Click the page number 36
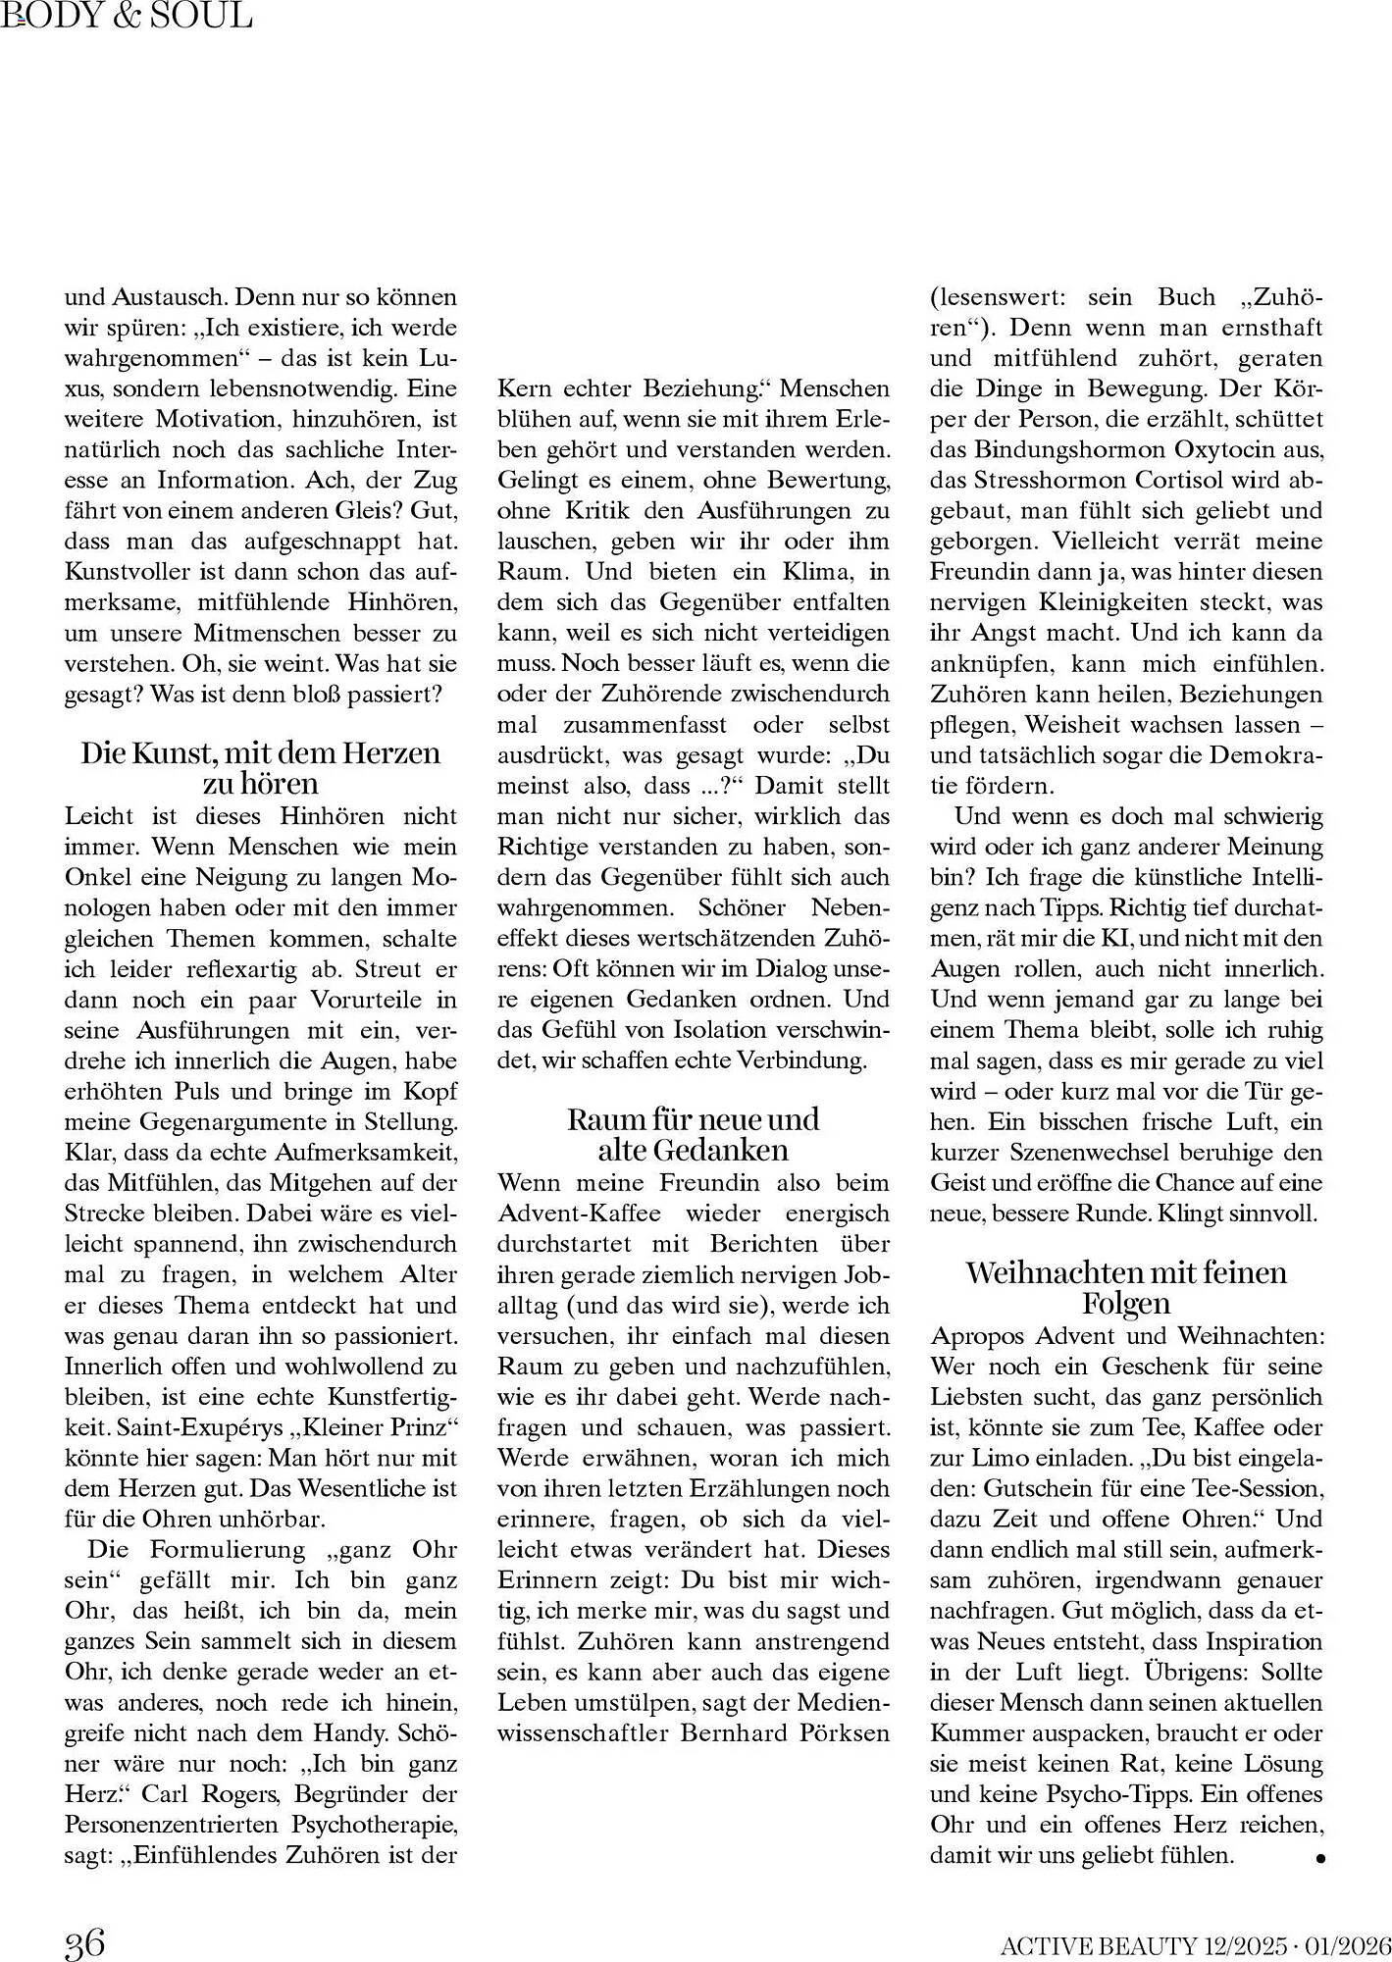[x=84, y=1941]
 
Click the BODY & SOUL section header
[x=127, y=15]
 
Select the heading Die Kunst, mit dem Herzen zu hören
[x=260, y=768]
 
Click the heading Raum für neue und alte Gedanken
[x=693, y=1134]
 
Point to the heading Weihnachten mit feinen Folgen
[x=1126, y=1287]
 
